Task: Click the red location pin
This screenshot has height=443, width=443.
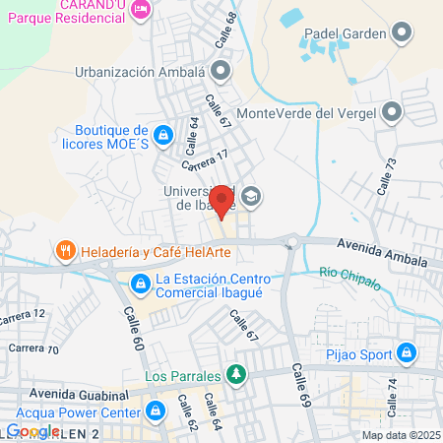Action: click(222, 202)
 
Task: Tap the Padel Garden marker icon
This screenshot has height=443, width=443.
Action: click(400, 34)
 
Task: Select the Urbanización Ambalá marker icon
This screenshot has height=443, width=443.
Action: click(221, 71)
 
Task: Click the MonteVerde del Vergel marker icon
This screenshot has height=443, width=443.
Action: click(394, 112)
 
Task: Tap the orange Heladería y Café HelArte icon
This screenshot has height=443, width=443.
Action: click(66, 252)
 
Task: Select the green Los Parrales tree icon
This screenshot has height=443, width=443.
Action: click(234, 374)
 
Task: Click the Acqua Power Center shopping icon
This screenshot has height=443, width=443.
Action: click(154, 411)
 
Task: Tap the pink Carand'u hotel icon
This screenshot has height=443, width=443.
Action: click(140, 10)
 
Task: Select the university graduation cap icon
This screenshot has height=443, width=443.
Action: click(250, 196)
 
